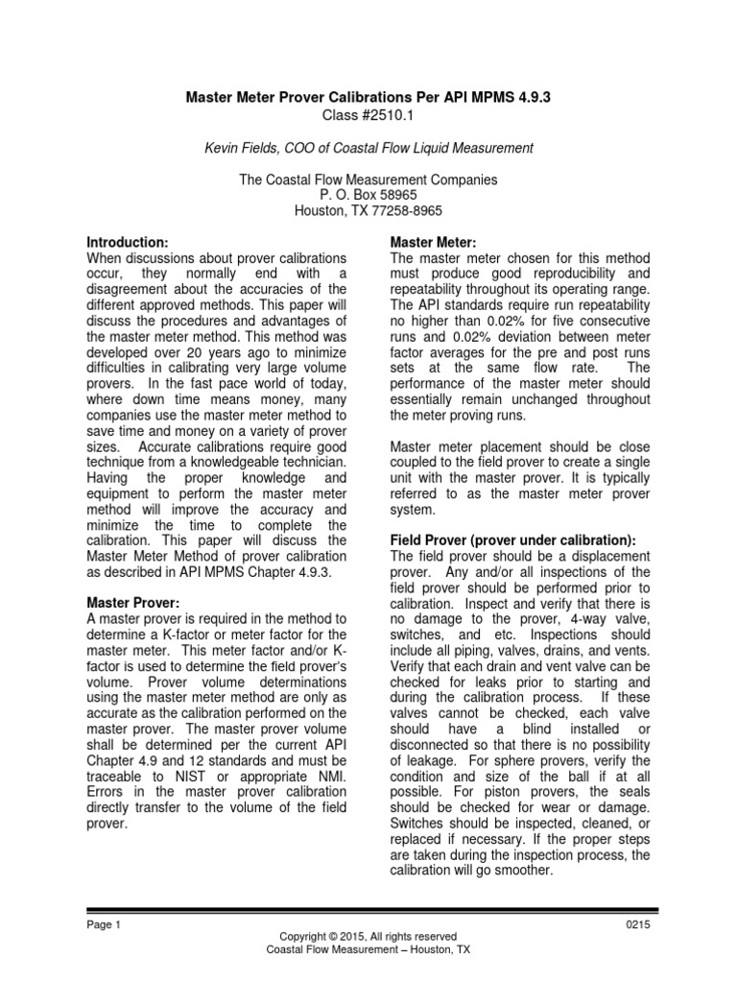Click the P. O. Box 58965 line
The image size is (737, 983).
click(x=369, y=195)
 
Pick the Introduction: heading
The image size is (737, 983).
click(x=128, y=242)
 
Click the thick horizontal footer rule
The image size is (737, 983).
click(x=368, y=909)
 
